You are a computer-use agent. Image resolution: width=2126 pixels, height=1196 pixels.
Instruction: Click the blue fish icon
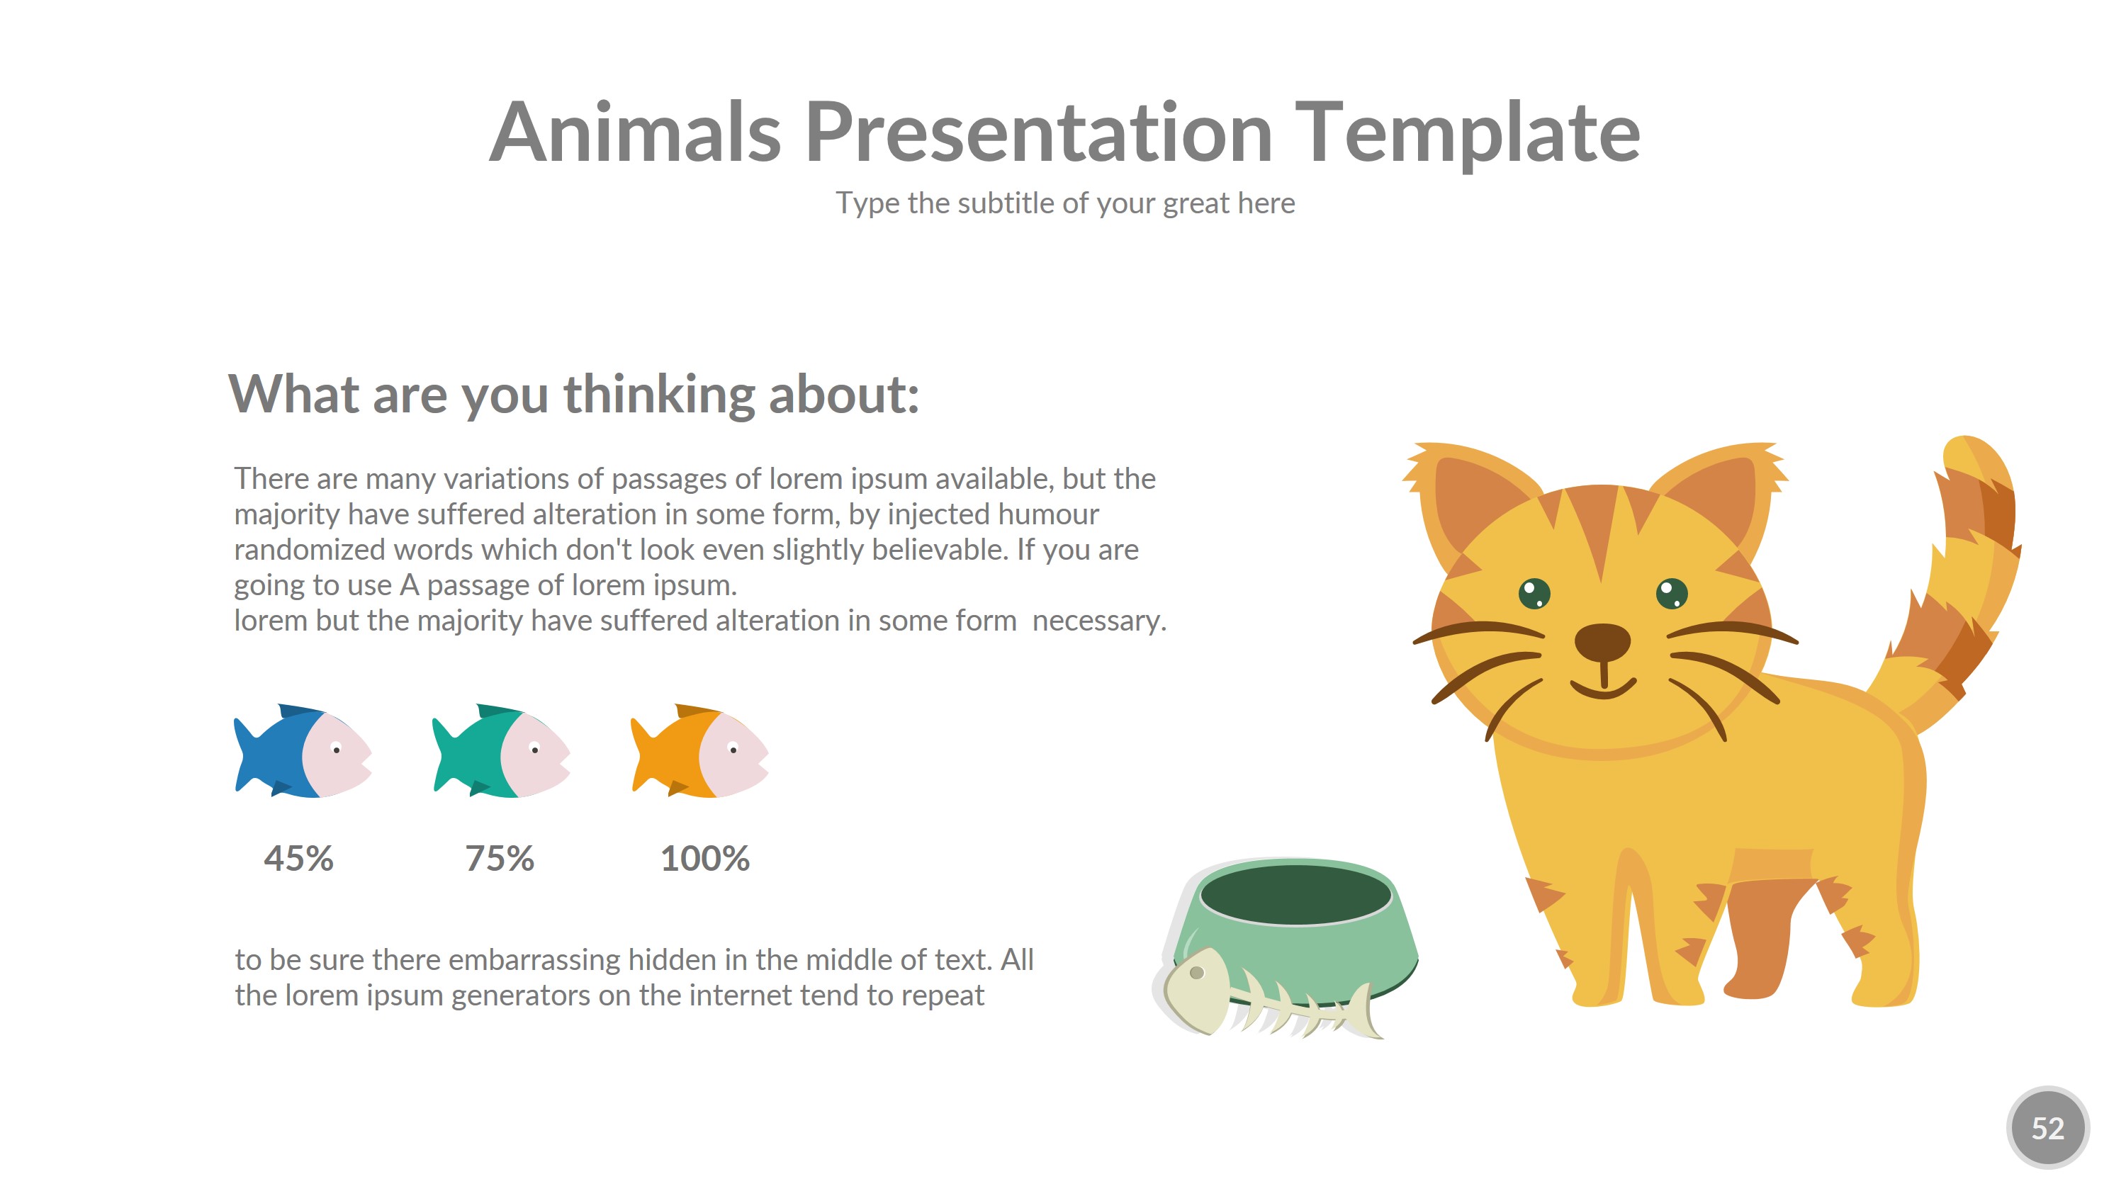click(x=303, y=750)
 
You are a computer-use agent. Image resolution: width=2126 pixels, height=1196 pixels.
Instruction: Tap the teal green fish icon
click(x=501, y=750)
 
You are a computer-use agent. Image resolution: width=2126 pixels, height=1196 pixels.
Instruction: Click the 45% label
click(x=299, y=859)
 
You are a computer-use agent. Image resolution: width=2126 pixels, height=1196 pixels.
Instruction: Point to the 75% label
click(x=500, y=859)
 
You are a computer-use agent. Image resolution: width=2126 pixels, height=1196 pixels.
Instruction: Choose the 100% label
click(x=705, y=859)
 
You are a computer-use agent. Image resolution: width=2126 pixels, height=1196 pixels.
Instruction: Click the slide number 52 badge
click(x=2047, y=1127)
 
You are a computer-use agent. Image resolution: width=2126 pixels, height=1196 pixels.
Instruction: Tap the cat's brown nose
click(x=1603, y=642)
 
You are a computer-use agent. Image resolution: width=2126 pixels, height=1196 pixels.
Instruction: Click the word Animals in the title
click(x=636, y=132)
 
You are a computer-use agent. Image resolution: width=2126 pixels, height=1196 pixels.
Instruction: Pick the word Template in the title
click(x=1468, y=132)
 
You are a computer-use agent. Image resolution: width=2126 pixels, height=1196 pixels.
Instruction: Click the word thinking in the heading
click(x=660, y=395)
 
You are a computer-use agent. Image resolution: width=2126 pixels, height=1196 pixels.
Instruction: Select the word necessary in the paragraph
click(x=1099, y=621)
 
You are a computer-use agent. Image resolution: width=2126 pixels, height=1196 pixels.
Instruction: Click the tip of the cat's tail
click(x=1969, y=439)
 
